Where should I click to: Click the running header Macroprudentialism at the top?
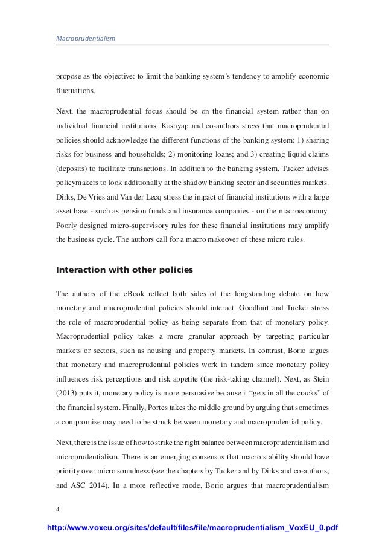point(85,39)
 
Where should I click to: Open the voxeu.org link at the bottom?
point(192,530)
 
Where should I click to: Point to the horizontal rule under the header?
point(192,45)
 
